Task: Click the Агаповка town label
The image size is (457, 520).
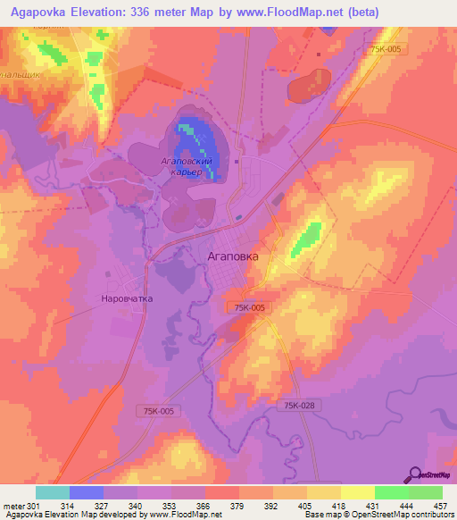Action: (233, 256)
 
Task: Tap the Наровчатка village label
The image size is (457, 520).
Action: (128, 299)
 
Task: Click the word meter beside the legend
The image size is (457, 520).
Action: (13, 505)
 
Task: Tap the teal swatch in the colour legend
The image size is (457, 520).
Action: (53, 492)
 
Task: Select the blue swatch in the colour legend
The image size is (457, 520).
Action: (87, 492)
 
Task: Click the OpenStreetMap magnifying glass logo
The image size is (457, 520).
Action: (416, 474)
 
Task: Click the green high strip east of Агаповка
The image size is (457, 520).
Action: (306, 237)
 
